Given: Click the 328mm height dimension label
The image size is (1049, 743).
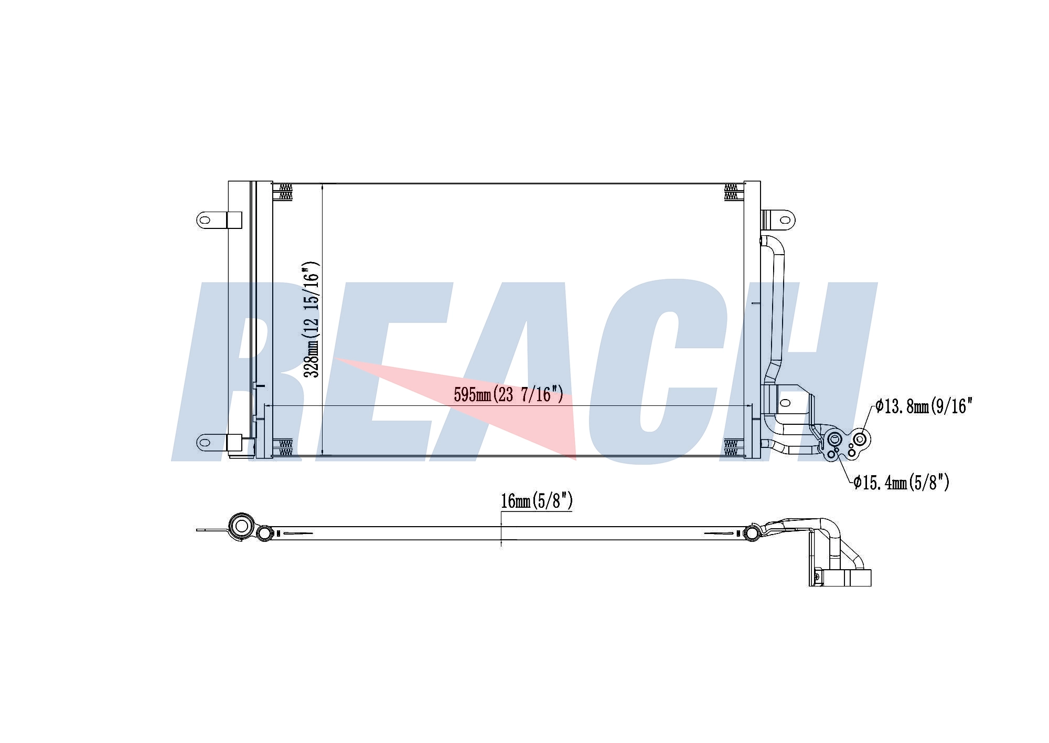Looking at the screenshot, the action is pyautogui.click(x=312, y=319).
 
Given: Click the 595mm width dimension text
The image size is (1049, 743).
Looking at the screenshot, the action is pyautogui.click(x=508, y=394).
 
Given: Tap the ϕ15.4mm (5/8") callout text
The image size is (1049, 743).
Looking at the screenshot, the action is pyautogui.click(x=901, y=482).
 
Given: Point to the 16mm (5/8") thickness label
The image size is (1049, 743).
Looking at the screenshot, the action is pyautogui.click(x=537, y=501).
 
